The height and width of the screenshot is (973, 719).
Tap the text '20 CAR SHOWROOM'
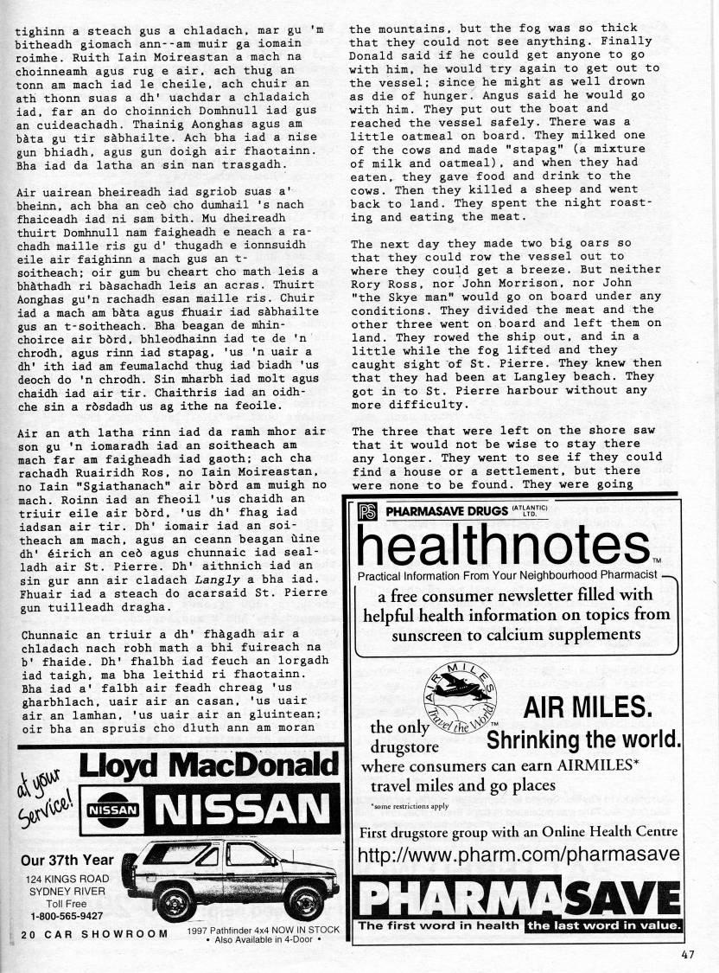click(95, 934)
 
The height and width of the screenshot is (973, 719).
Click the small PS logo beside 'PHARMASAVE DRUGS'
click(366, 511)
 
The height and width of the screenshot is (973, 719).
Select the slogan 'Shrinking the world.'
click(584, 740)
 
